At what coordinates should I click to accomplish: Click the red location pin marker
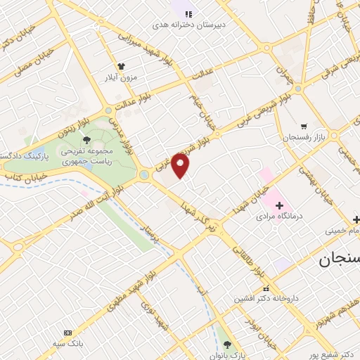point(181,166)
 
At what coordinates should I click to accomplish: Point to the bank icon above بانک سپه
point(67,333)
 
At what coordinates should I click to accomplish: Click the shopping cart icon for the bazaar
point(303,127)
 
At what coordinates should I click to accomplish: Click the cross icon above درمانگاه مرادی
point(279,205)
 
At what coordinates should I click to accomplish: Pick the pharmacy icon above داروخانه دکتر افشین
point(265,288)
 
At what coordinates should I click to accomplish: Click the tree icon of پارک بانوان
point(226,344)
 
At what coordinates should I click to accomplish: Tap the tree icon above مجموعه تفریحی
point(86,141)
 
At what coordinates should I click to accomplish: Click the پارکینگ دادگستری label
point(21,153)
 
